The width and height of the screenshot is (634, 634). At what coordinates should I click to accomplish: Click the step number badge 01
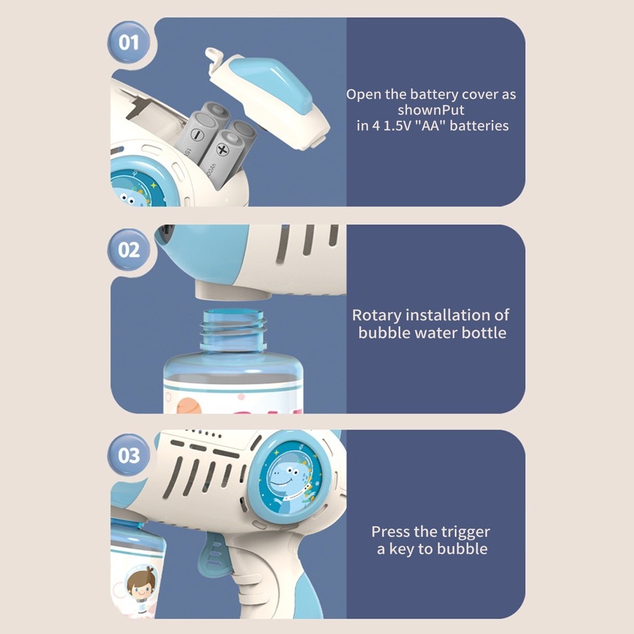[129, 42]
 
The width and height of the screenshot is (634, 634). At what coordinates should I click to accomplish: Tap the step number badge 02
[129, 250]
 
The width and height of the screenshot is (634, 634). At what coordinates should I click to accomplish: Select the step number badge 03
[129, 455]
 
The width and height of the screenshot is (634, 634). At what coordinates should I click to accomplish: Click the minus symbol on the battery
[198, 134]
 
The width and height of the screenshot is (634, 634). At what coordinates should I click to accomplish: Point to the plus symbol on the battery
[222, 150]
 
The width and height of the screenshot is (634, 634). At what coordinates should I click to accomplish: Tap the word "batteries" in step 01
[479, 126]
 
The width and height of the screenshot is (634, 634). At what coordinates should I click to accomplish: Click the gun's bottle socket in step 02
[233, 291]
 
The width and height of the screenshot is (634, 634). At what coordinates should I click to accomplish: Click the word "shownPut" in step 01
[431, 110]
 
